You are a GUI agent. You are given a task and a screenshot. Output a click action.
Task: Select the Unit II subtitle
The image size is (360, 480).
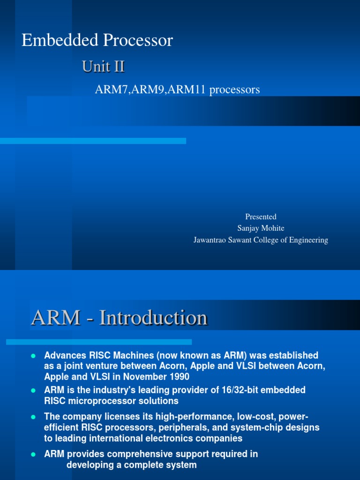click(103, 67)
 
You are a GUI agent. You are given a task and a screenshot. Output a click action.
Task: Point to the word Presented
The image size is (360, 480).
click(261, 217)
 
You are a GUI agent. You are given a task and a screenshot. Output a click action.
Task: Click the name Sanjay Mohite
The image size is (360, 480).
click(261, 228)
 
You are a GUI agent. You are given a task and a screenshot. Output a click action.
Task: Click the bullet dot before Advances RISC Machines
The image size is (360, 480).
click(33, 356)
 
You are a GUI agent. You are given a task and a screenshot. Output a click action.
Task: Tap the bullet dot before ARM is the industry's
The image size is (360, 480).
click(33, 390)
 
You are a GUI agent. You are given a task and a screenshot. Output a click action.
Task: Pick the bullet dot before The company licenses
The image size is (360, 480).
click(33, 417)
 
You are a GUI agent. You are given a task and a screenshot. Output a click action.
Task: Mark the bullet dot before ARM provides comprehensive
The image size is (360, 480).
click(33, 454)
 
